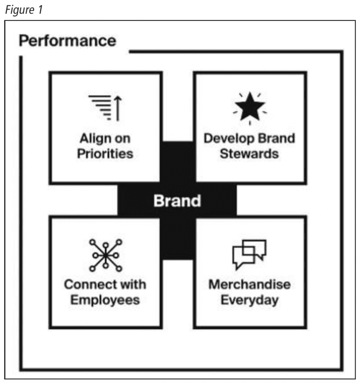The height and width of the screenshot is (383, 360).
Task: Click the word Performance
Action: tap(67, 41)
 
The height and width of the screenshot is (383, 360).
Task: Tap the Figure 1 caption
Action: tap(24, 10)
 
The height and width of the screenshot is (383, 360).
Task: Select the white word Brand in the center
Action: tap(177, 201)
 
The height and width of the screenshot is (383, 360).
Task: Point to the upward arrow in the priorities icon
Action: tap(118, 108)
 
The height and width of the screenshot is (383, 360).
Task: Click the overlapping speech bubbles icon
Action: tap(249, 254)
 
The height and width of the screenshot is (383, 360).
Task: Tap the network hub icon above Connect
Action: tap(105, 255)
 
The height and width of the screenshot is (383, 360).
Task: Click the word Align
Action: tap(95, 139)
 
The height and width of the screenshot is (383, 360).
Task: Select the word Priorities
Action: tap(105, 154)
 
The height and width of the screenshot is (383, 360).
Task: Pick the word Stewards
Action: tap(249, 154)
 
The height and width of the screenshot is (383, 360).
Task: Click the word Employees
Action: tap(105, 300)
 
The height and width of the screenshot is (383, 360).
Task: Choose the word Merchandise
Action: tap(249, 285)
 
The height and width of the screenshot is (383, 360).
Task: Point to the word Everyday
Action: tap(249, 300)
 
